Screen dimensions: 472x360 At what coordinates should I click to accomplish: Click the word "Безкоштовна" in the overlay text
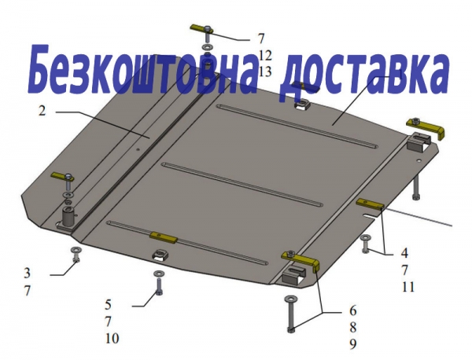click(x=142, y=70)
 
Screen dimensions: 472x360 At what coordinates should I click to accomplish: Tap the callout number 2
click(x=42, y=111)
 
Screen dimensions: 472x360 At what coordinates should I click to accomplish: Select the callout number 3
click(x=27, y=274)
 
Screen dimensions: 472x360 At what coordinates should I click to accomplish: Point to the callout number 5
click(x=108, y=305)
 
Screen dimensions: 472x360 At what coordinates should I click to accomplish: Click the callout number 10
click(x=112, y=339)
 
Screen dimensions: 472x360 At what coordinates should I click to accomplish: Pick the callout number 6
click(x=352, y=310)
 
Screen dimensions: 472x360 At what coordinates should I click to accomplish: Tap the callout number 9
click(x=352, y=344)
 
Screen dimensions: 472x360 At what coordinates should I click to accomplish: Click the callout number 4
click(x=404, y=253)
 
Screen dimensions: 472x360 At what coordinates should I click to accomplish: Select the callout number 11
click(x=408, y=287)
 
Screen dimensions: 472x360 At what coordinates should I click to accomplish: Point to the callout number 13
click(x=265, y=72)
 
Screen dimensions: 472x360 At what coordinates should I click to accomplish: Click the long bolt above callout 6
click(x=291, y=314)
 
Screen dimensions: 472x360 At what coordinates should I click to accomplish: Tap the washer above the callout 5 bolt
click(x=158, y=274)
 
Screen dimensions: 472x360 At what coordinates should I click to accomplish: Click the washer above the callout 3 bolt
click(x=76, y=250)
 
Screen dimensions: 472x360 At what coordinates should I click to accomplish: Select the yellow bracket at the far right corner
click(x=426, y=127)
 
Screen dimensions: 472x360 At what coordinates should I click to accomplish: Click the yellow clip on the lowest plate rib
click(x=164, y=237)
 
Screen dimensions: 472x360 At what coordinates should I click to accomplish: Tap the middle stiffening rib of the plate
click(x=242, y=184)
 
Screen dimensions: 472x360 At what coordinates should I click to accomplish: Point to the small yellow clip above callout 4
click(x=370, y=204)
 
